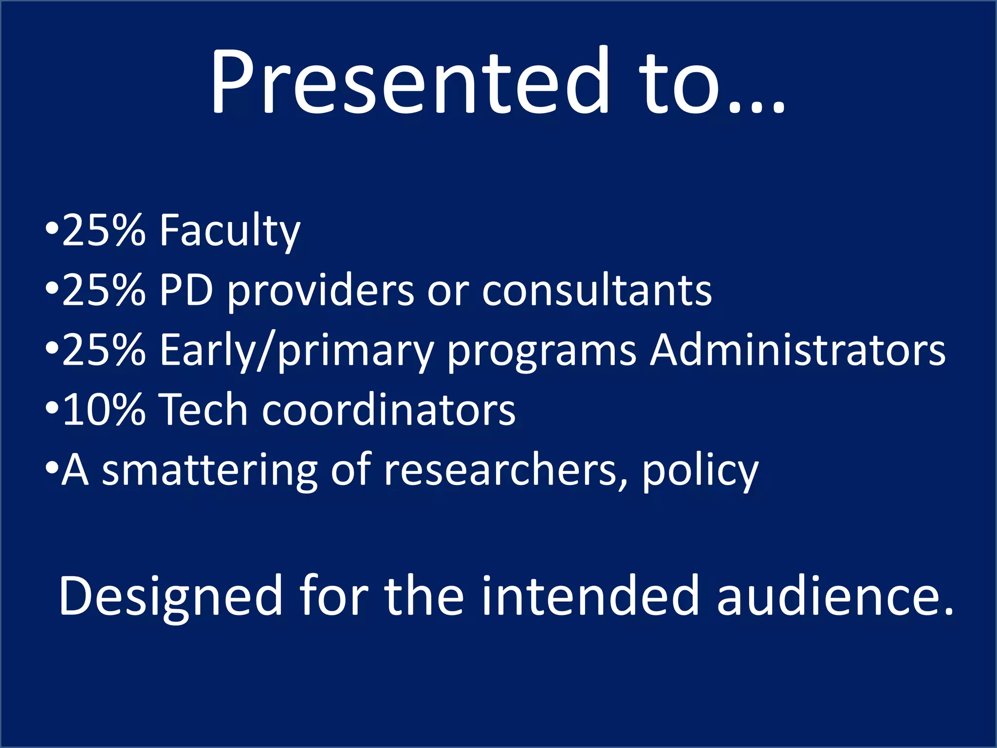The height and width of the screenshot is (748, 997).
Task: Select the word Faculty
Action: pos(230,231)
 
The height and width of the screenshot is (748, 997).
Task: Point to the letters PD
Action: pos(186,291)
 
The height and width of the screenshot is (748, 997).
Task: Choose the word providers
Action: pos(321,291)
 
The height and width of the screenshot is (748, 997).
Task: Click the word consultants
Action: pos(597,291)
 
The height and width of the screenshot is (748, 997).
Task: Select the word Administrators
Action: pos(798,351)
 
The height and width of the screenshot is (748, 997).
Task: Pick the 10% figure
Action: pos(104,411)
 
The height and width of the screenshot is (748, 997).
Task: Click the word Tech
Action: pos(204,411)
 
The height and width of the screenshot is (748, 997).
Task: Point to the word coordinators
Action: pos(388,411)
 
